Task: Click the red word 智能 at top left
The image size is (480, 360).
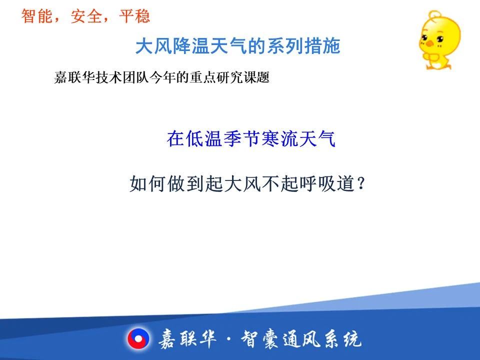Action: tap(36, 16)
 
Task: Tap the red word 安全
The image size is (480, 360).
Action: tap(86, 16)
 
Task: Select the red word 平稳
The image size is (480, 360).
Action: tap(134, 16)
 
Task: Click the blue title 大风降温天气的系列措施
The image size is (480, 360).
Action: tap(238, 46)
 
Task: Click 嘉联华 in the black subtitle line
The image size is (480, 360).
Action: tap(74, 77)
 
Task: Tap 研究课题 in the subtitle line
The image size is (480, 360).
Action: tap(243, 77)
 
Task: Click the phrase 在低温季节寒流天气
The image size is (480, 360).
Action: tap(251, 138)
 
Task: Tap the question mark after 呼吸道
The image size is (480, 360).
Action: tap(361, 183)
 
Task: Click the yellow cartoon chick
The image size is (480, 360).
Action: tap(439, 40)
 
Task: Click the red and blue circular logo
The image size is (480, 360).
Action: tap(138, 339)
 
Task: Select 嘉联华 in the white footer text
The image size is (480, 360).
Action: tap(187, 339)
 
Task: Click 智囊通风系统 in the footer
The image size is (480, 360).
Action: tap(301, 339)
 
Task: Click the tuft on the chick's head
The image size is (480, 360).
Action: tap(434, 14)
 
